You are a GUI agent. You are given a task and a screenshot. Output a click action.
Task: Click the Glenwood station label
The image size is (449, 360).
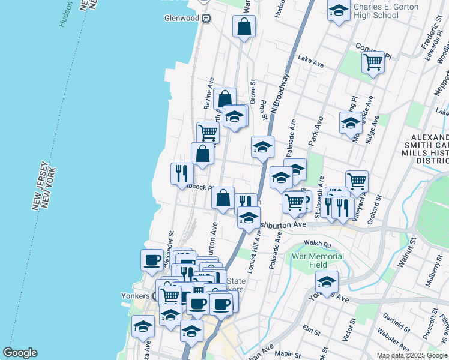click(181, 18)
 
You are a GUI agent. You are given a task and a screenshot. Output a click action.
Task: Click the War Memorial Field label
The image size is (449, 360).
click(318, 260)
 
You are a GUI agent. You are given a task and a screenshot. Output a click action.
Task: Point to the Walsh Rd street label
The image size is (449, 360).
click(318, 245)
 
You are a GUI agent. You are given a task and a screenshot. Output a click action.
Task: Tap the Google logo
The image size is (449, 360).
click(20, 353)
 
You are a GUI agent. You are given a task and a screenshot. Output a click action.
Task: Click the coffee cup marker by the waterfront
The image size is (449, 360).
click(152, 261)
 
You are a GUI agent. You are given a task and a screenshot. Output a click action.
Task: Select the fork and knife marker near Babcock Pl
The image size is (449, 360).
click(181, 174)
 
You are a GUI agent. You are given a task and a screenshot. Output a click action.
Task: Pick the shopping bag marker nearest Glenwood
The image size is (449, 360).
click(244, 26)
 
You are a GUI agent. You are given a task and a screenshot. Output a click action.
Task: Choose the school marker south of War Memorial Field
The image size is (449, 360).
click(326, 281)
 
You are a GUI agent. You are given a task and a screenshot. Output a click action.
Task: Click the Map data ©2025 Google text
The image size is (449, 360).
click(411, 355)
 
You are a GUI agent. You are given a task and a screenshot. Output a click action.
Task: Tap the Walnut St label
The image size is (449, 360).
click(409, 253)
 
